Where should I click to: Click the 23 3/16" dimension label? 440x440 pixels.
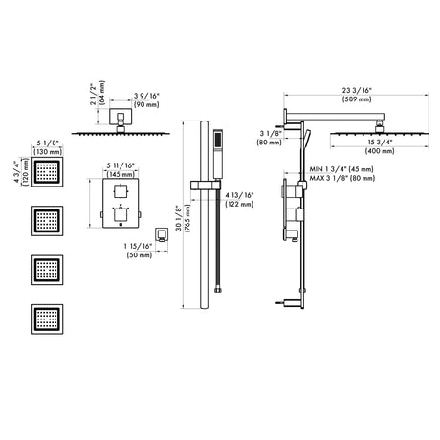[x=357, y=91]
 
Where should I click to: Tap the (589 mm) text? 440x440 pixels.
[x=357, y=99]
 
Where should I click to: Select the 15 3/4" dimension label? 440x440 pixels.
[x=380, y=143]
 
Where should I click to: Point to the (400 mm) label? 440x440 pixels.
[x=380, y=151]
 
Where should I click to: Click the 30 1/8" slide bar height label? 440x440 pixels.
[x=178, y=218]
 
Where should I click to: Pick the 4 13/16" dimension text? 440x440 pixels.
[x=239, y=195]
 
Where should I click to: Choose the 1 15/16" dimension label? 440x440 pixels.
[x=138, y=246]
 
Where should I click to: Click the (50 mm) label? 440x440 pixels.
[x=140, y=255]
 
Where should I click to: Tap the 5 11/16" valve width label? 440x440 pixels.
[x=121, y=165]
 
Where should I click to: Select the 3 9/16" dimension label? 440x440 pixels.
[x=146, y=96]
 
